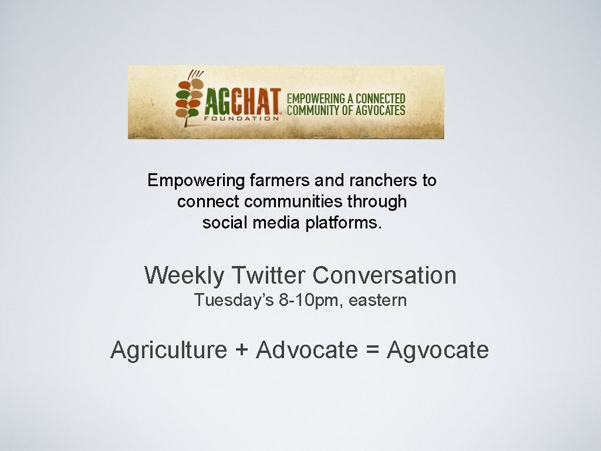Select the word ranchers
click(367, 180)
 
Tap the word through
click(376, 202)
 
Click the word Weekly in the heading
click(184, 275)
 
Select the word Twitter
click(269, 275)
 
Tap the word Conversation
click(384, 275)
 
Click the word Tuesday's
click(234, 301)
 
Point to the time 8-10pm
click(311, 301)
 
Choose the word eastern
click(377, 301)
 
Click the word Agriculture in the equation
click(168, 350)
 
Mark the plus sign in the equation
click(241, 351)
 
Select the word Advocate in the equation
click(307, 350)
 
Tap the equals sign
click(372, 351)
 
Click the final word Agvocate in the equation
click(438, 350)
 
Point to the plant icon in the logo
click(189, 99)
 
